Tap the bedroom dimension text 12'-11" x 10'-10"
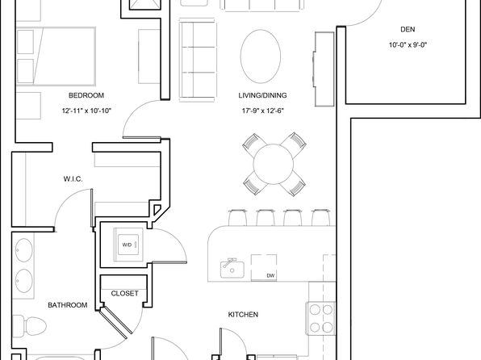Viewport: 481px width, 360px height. pos(86,111)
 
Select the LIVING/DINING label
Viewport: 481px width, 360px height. pos(262,95)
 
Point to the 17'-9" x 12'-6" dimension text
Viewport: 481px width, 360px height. pos(262,111)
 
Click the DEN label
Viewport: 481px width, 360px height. pos(408,30)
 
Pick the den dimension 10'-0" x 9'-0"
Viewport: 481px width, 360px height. pos(408,45)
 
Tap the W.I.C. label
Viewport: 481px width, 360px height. pos(73,179)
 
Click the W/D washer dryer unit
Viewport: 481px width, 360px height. pos(128,245)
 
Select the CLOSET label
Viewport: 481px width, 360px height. pos(124,293)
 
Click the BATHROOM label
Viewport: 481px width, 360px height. pos(68,305)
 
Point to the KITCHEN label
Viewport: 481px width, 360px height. pos(243,315)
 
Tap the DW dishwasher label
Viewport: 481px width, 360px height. pos(270,275)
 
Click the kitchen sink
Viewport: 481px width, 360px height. pos(232,269)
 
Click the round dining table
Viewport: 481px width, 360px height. pos(274,164)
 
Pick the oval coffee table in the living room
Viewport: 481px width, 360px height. pos(261,57)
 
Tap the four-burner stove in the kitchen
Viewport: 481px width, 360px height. pos(321,319)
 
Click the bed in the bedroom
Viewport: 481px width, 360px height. pos(56,57)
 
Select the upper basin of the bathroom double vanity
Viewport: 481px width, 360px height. pos(24,250)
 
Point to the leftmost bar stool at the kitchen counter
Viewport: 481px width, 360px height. pos(237,217)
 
